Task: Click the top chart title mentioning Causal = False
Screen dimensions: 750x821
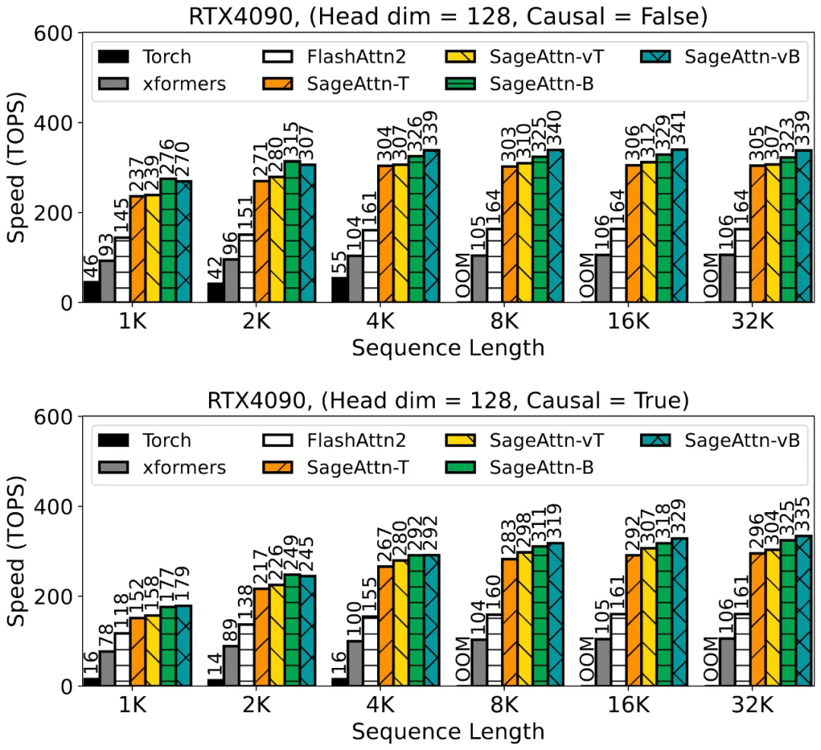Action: [449, 14]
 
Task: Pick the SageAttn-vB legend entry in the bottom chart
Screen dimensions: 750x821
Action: [742, 440]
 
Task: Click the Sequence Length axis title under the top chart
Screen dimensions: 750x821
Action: [448, 347]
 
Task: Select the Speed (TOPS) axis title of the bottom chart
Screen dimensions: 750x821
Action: [17, 552]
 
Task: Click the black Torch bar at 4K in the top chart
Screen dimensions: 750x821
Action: [340, 290]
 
